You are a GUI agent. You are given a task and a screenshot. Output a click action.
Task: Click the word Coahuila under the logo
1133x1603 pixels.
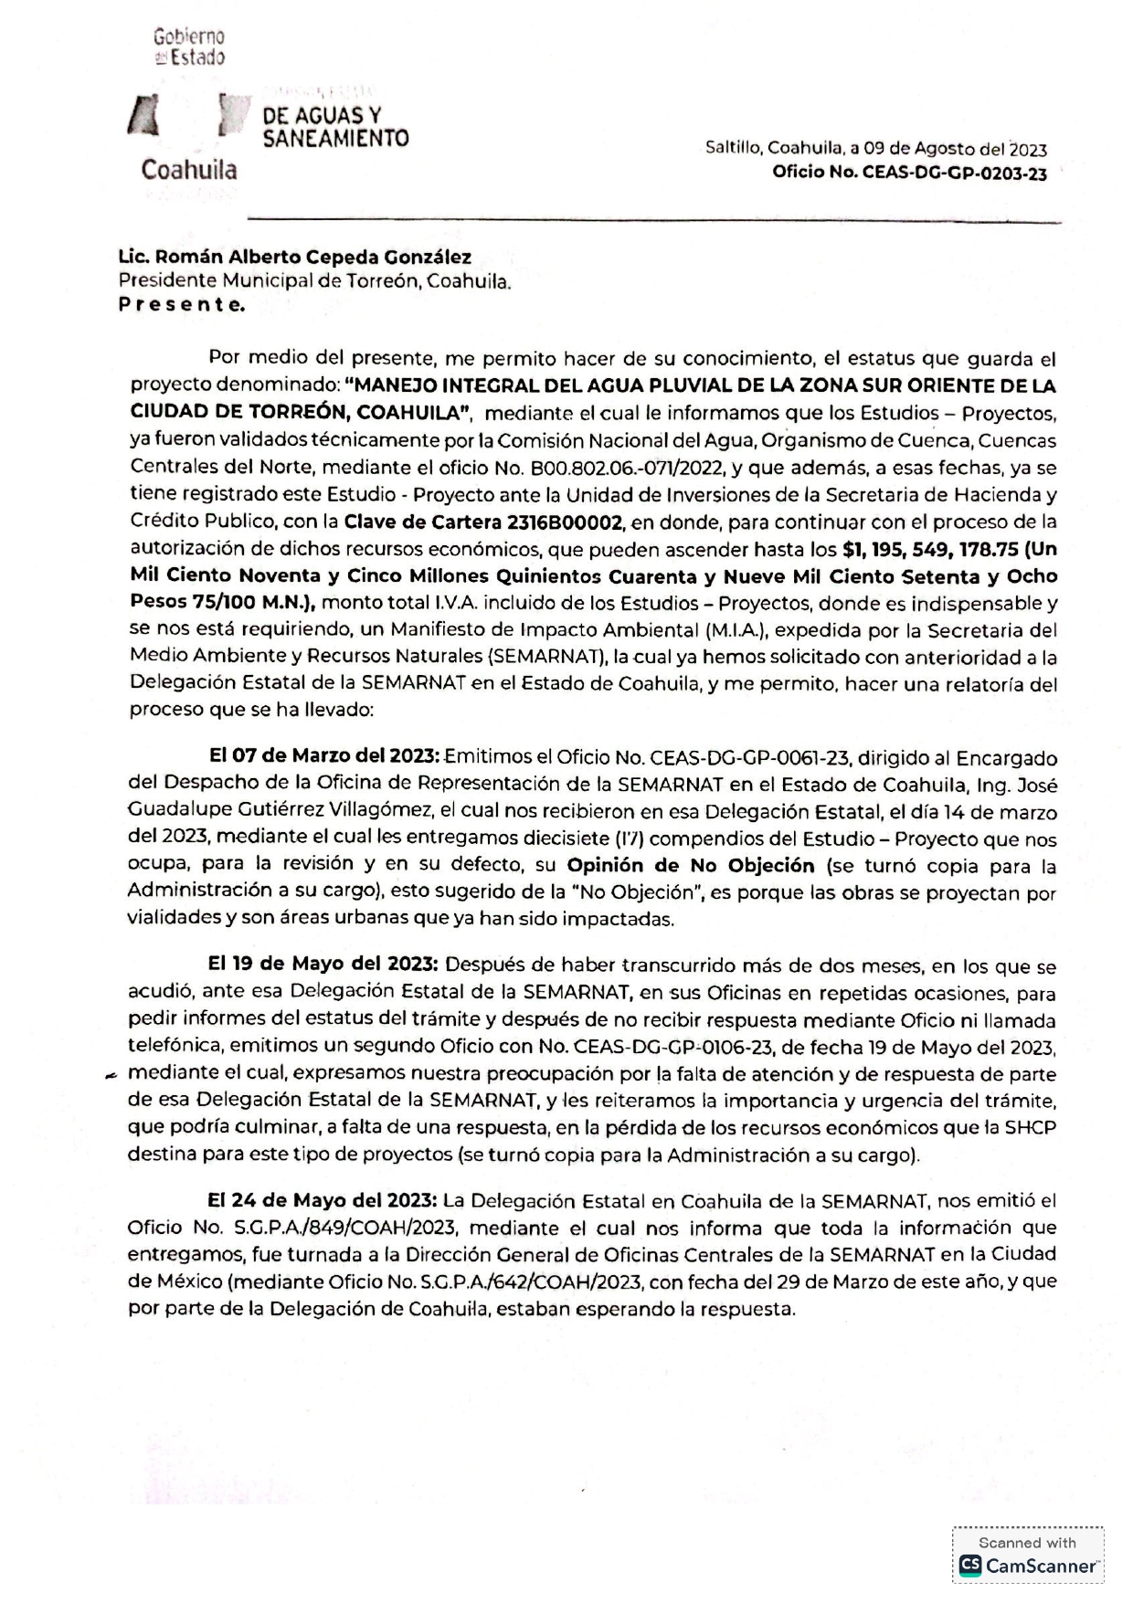tap(188, 170)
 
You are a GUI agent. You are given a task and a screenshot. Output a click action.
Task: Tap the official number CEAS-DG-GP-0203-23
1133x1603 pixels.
tap(955, 174)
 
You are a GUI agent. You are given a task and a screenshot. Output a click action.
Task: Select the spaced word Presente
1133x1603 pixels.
tap(182, 305)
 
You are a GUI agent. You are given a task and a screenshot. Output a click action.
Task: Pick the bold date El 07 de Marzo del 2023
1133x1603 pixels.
tap(324, 756)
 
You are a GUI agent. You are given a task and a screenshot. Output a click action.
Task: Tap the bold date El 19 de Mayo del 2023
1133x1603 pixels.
tap(323, 965)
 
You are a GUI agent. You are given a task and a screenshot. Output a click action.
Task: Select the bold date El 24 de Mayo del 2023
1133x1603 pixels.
tap(323, 1200)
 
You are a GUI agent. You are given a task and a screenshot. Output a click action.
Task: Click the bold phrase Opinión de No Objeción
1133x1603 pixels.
tap(690, 865)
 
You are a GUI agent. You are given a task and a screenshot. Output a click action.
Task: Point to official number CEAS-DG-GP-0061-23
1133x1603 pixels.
tap(750, 757)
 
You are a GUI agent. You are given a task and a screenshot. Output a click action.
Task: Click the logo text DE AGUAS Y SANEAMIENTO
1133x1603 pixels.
tap(334, 127)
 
